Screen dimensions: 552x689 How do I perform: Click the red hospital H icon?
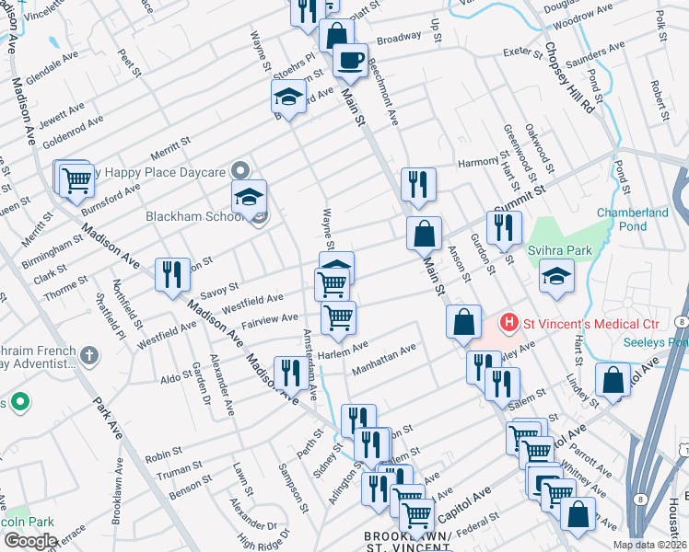point(507,323)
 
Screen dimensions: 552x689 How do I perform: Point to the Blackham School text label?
point(185,217)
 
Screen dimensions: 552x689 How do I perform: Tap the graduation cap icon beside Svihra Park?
point(556,277)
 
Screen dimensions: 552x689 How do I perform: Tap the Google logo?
point(29,540)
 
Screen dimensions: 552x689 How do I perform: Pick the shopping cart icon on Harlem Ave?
point(338,317)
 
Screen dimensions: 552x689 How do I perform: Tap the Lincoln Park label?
point(26,522)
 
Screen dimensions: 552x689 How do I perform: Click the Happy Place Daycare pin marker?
point(240,171)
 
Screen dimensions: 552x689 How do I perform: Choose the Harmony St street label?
point(479,164)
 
